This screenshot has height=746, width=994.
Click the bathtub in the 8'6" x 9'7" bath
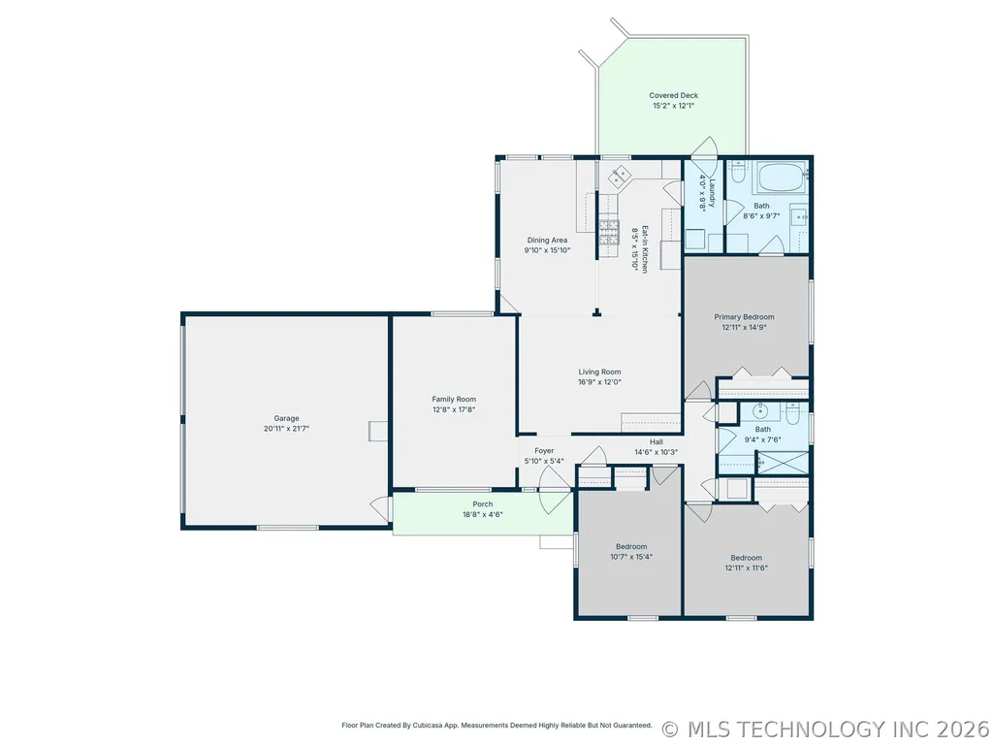pos(783,178)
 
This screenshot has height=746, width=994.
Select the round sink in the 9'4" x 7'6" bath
pos(760,411)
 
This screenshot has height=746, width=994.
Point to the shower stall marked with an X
pos(784,463)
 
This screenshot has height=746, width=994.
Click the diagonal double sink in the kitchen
pos(619,176)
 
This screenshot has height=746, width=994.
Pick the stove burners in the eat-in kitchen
pos(609,232)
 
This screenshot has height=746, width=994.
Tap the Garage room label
pos(286,418)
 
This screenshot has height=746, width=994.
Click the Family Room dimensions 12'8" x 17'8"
pos(454,409)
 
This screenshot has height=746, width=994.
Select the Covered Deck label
pos(673,95)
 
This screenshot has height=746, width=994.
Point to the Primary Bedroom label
pos(744,316)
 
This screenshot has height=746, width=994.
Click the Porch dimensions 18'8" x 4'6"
pos(482,514)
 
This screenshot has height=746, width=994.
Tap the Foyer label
pos(544,451)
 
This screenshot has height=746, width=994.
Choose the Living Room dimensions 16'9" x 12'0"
pos(599,382)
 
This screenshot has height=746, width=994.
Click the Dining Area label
pos(547,240)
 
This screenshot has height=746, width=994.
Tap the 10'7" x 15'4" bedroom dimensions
pos(631,557)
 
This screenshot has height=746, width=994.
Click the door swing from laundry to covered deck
pos(704,147)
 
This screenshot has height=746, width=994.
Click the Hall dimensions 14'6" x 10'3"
pos(657,452)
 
